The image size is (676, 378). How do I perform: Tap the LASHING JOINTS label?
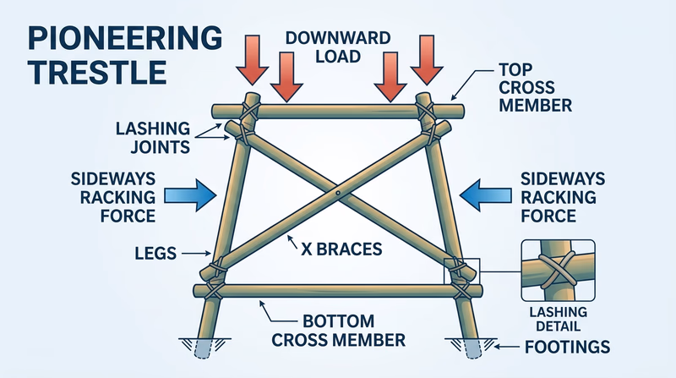[152, 138]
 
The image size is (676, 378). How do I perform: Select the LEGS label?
[155, 251]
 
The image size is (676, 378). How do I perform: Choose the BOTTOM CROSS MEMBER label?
[338, 331]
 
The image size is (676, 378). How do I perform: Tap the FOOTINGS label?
[567, 347]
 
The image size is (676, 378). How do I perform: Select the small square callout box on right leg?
[461, 271]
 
